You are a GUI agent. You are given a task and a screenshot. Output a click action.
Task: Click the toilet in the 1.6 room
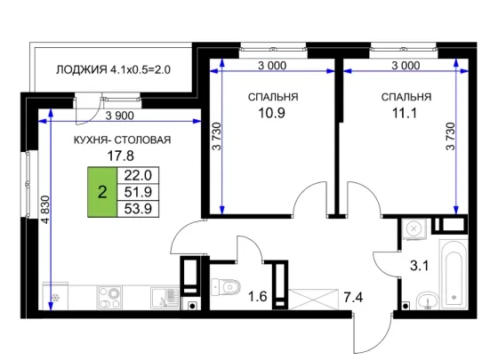tap(226, 287)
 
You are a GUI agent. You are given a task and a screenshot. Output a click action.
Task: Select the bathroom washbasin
tap(428, 300)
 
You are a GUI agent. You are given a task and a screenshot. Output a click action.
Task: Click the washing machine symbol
tap(413, 228)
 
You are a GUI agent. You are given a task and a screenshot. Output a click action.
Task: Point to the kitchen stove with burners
tap(110, 298)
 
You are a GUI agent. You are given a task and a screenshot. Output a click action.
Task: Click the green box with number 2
tap(102, 192)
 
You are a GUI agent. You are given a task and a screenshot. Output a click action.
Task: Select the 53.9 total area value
tap(138, 209)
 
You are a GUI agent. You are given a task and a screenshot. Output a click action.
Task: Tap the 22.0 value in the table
tap(138, 175)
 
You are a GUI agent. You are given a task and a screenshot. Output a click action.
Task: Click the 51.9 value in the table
tap(138, 192)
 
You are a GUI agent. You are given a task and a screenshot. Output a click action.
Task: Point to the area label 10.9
tap(271, 113)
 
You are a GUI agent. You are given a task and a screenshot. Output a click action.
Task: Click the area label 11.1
tap(405, 113)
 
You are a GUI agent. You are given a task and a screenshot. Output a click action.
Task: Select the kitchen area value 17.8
tap(121, 156)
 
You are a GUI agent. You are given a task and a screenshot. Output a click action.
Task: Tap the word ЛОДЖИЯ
tap(82, 69)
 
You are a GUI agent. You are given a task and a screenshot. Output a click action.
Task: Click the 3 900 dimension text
tap(120, 116)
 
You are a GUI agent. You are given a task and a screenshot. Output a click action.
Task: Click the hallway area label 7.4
tap(353, 298)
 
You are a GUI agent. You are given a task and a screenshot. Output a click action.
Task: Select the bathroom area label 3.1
tap(419, 266)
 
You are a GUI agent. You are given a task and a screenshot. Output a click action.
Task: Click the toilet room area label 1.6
tap(257, 297)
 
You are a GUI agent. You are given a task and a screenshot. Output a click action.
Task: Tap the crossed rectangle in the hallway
tap(313, 299)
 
